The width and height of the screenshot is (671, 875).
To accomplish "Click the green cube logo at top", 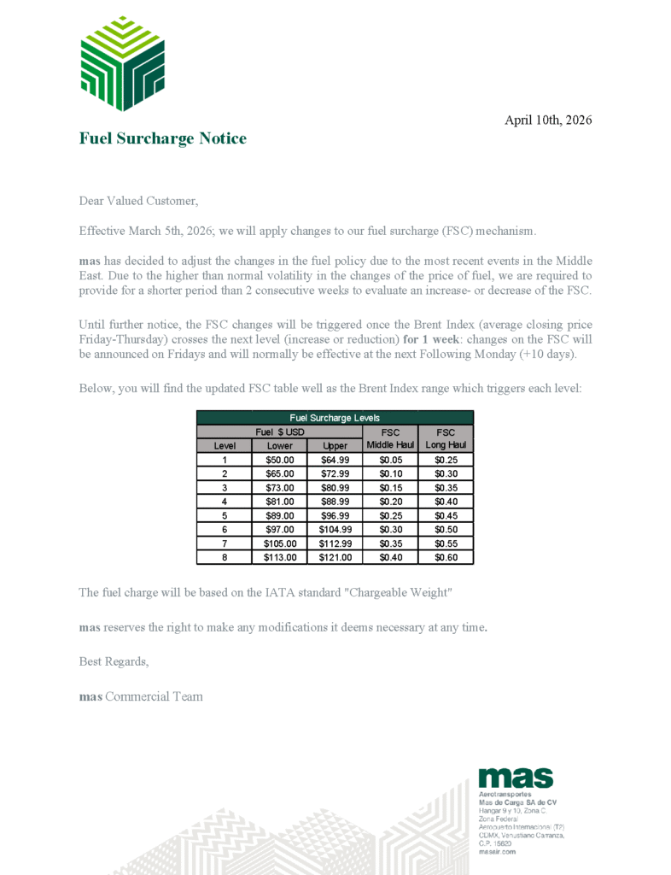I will point(121,63).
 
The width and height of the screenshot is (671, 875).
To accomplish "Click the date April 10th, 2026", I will point(548,120).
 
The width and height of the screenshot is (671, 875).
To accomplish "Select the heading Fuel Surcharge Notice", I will point(162,138).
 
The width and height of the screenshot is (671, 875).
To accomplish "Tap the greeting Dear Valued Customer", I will point(138,202).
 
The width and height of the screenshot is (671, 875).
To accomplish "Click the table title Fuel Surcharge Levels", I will point(335,418).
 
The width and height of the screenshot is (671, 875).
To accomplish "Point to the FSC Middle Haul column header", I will point(390,439).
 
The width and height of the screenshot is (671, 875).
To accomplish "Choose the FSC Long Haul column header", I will point(445,439).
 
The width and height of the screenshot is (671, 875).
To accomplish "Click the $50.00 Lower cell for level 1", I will point(280,460).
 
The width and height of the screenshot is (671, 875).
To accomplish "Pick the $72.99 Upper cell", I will point(335,473).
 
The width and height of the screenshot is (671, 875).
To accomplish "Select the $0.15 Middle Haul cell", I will point(390,487).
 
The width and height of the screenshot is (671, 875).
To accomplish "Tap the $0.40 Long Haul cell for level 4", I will point(445,502).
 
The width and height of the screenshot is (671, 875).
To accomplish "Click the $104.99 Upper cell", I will point(335,529).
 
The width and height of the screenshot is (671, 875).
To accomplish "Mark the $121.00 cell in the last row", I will point(335,557).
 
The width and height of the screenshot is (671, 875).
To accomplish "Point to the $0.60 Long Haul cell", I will point(445,557).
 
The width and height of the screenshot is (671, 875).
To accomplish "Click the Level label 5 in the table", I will point(224,515).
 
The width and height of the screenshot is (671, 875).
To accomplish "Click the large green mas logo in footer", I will point(516,778).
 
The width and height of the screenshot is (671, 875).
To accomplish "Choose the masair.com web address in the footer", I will point(497,851).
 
